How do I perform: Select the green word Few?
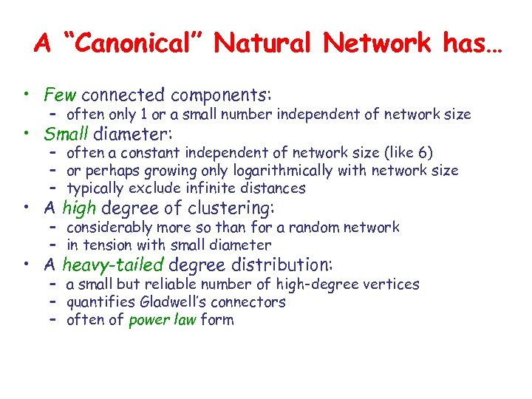(60, 95)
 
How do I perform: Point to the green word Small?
(66, 134)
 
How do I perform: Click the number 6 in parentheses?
(422, 153)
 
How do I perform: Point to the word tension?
(106, 245)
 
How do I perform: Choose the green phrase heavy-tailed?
(112, 264)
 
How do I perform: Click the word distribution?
(286, 264)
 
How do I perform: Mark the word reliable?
(171, 284)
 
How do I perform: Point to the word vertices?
(392, 284)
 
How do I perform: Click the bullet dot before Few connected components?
(26, 95)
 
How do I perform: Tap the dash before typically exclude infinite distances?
(53, 188)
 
